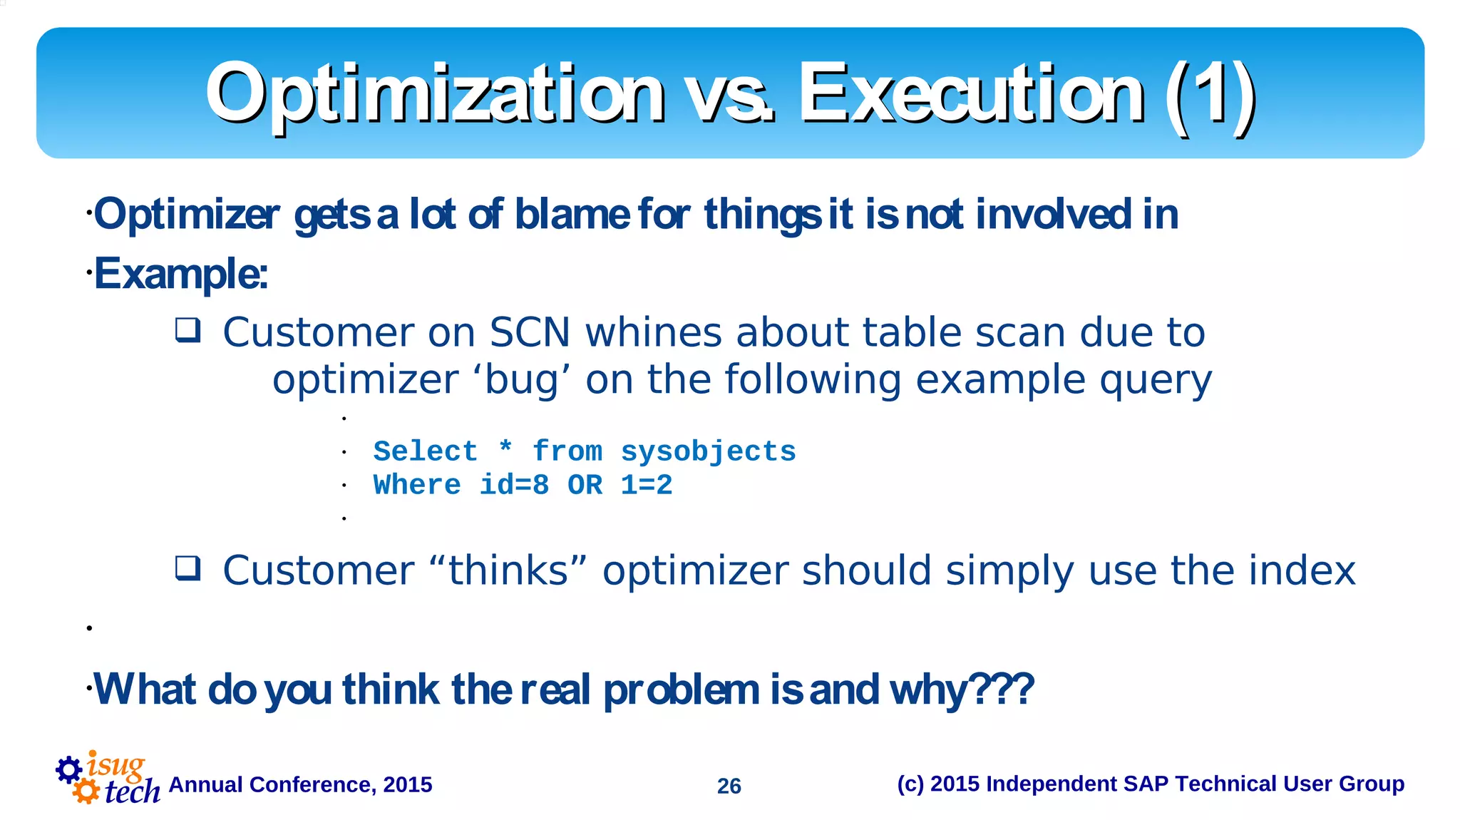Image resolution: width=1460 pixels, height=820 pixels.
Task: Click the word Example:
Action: (181, 274)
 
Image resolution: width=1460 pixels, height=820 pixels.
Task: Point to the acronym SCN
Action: (530, 332)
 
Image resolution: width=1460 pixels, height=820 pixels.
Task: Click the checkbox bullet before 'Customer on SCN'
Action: (188, 331)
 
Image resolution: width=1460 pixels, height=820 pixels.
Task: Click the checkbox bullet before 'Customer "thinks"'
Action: (188, 569)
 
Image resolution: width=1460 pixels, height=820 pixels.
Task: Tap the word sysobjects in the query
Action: (708, 451)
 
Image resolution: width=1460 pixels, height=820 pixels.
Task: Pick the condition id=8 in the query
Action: (514, 486)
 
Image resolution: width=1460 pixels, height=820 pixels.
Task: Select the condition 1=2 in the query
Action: (647, 486)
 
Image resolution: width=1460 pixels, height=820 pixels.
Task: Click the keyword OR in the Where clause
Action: (585, 486)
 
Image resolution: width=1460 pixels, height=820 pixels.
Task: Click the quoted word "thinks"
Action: (509, 570)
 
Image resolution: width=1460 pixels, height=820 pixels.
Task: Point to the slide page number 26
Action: (729, 786)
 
